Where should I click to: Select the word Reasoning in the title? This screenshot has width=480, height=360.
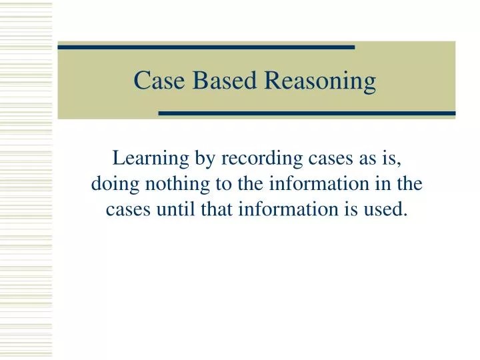321,81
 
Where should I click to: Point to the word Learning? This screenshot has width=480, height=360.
143,159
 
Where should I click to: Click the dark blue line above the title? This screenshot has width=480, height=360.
206,47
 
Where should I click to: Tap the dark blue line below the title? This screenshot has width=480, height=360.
307,113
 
